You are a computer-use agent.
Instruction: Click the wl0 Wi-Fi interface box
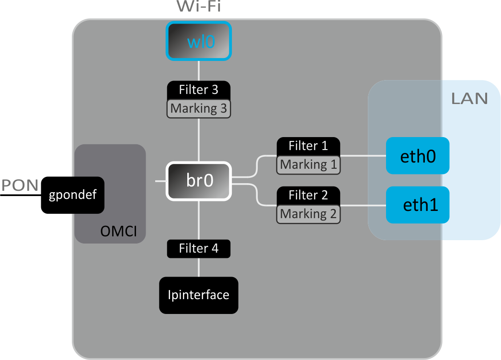[x=199, y=41]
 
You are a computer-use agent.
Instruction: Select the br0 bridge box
[x=199, y=181]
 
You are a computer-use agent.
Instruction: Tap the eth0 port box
[x=418, y=156]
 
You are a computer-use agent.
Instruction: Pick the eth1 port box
[x=418, y=205]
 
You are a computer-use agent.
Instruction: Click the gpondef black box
[x=73, y=196]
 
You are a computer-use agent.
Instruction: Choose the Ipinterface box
[x=198, y=295]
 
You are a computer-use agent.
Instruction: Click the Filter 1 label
[x=308, y=146]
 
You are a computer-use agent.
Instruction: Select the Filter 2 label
[x=308, y=195]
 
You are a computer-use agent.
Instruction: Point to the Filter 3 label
[x=199, y=90]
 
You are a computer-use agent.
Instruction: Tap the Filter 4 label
[x=199, y=248]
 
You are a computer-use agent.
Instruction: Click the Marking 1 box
[x=308, y=165]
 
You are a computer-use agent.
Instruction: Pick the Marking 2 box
[x=308, y=214]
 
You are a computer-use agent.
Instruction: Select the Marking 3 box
[x=199, y=109]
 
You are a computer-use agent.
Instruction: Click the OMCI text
[x=118, y=232]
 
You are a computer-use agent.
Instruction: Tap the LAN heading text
[x=469, y=99]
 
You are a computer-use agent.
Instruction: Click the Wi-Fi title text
[x=199, y=7]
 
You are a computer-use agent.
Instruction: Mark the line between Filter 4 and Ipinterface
[x=199, y=267]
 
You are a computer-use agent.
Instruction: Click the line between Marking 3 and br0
[x=199, y=140]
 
